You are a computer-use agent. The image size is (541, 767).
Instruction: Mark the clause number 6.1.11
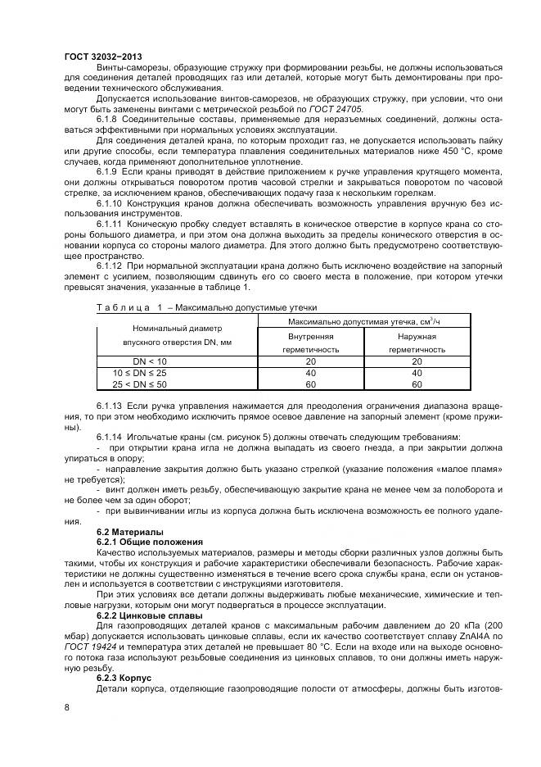(111, 224)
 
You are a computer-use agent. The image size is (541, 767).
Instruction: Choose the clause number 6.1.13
(111, 406)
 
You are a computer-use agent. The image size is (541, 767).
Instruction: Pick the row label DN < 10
(150, 361)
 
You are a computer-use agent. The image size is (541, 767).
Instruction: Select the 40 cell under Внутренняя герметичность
(310, 373)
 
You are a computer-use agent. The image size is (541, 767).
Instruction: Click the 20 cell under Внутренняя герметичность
(310, 361)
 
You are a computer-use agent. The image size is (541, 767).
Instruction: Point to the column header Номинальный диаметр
(150, 326)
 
